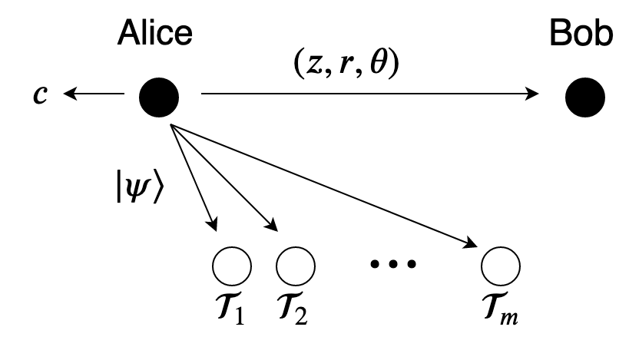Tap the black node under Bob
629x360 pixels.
(x=585, y=97)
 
